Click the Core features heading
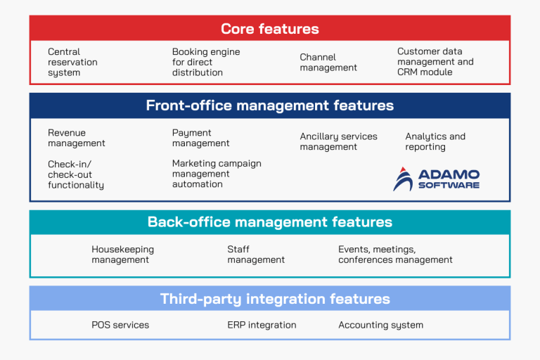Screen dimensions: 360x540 [x=270, y=29]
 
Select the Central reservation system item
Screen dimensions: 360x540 [x=73, y=62]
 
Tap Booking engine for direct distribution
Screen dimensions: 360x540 [x=206, y=62]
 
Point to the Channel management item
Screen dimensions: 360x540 [x=328, y=63]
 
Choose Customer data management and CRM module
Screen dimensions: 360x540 [x=435, y=62]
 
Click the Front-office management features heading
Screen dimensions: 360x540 [x=270, y=105]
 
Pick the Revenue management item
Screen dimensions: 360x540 [x=77, y=138]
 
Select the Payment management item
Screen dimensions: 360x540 [x=201, y=138]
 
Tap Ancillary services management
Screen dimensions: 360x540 [x=339, y=141]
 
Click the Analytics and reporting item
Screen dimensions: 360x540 [x=435, y=141]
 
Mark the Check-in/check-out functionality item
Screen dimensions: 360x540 [x=76, y=174]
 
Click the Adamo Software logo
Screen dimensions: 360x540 [x=437, y=179]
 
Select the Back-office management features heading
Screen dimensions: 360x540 [x=270, y=222]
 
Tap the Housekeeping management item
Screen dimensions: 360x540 [x=122, y=255]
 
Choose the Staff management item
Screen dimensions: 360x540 [x=256, y=255]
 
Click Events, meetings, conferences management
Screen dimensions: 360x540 [x=395, y=255]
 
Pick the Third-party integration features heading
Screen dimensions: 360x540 [x=270, y=299]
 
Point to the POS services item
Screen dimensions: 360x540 [x=120, y=325]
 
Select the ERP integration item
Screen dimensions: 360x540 [x=262, y=325]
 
